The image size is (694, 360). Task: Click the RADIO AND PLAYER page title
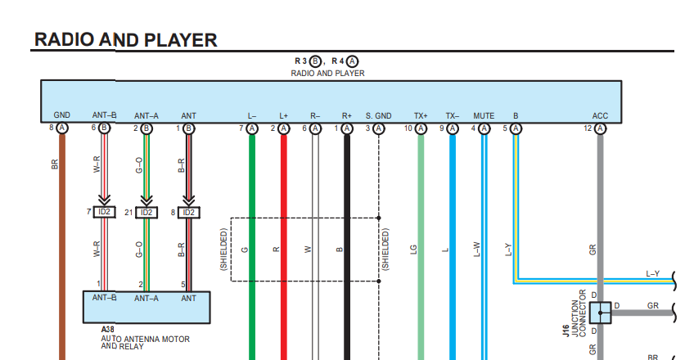126,40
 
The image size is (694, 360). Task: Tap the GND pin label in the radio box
62,115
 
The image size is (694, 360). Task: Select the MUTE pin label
484,116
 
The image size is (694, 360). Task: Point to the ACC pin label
600,116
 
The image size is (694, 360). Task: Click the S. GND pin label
378,116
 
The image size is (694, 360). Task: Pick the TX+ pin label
421,116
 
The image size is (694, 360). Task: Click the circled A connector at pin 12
600,128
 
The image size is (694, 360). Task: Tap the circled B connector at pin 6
104,128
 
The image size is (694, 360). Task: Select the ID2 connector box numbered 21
146,213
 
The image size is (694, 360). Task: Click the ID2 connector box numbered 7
104,212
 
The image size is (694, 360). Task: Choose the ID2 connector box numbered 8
189,213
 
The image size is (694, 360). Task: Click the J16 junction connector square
600,313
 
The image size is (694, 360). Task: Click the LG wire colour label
414,250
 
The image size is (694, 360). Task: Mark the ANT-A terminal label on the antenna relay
146,299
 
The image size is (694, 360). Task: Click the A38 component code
107,330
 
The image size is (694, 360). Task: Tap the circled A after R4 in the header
352,61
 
